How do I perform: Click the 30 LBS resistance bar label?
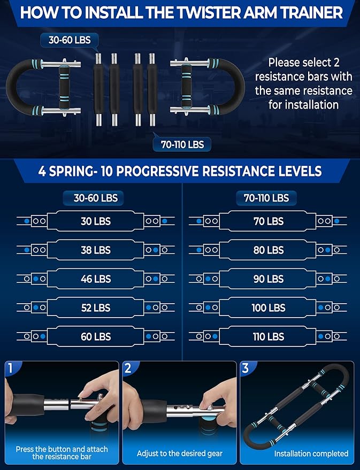[96, 221]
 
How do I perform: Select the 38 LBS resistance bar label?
[96, 250]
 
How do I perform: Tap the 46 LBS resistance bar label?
[96, 279]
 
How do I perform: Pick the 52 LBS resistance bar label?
[96, 307]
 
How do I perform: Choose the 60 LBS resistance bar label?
[96, 336]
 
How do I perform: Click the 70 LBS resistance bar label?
[268, 221]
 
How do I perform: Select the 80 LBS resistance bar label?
[268, 250]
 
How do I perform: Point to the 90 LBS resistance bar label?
[268, 279]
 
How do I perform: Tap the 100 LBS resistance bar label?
[268, 307]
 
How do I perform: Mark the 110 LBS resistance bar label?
[268, 336]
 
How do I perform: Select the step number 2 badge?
[127, 368]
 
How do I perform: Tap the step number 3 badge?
[245, 368]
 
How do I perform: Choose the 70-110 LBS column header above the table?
[266, 198]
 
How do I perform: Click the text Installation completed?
[311, 453]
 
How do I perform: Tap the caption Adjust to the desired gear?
[180, 453]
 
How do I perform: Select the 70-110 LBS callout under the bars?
[182, 144]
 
